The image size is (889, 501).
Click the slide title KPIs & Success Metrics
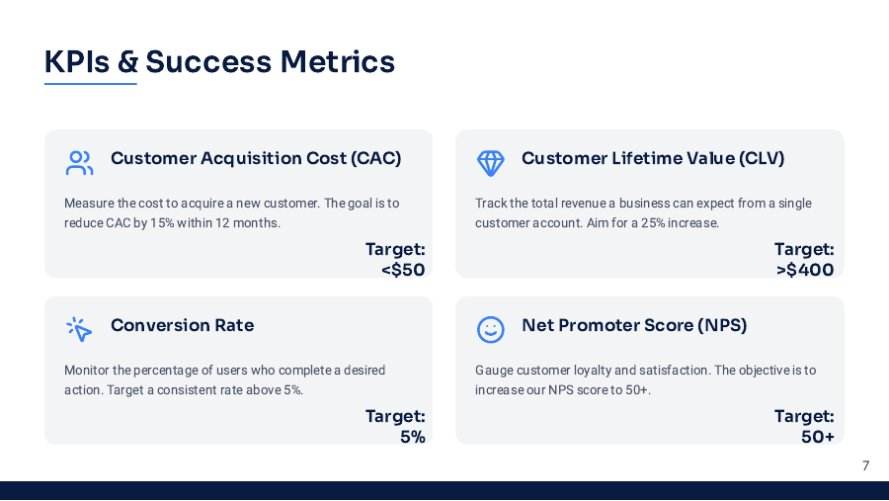(x=219, y=61)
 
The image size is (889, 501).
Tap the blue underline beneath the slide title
(x=90, y=84)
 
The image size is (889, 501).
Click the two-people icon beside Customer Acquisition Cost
(x=79, y=162)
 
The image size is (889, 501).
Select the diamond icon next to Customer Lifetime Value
(x=491, y=162)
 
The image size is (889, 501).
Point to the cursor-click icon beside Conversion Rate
(x=79, y=329)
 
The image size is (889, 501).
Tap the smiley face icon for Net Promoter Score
(x=491, y=329)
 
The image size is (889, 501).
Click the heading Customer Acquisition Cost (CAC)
(x=256, y=158)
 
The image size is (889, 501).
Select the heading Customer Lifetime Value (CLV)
(x=653, y=158)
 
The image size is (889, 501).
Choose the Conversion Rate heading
(x=182, y=325)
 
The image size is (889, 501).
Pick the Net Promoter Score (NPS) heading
(x=634, y=325)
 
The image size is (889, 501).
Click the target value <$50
(x=403, y=270)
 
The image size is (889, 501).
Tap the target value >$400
(x=805, y=270)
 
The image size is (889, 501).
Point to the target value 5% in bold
(x=413, y=437)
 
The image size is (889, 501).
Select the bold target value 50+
(x=818, y=437)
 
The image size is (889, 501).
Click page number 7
(x=865, y=465)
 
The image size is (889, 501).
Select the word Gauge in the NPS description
(x=494, y=371)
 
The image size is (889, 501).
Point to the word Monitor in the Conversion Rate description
(x=87, y=371)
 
